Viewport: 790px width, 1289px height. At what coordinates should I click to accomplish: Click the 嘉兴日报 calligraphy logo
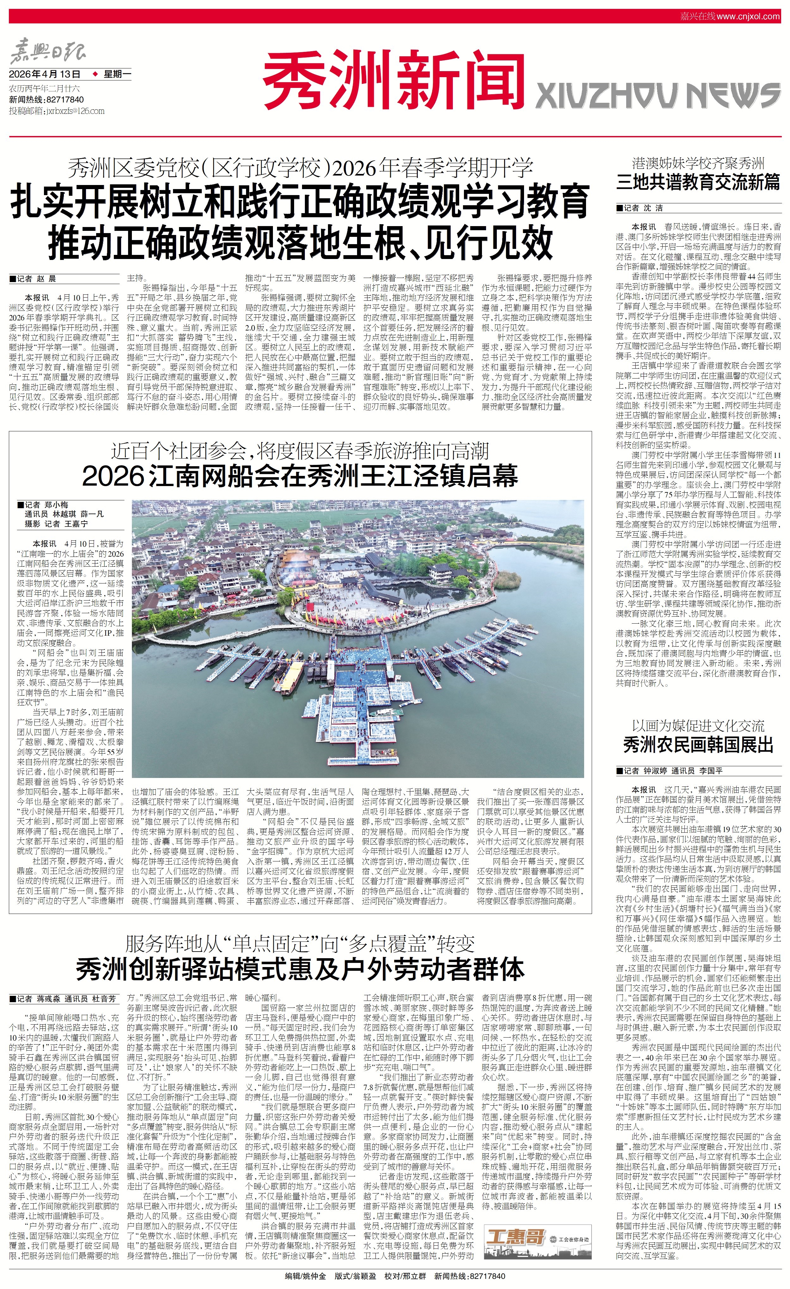click(48, 52)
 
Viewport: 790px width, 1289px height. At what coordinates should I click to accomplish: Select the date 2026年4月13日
click(45, 74)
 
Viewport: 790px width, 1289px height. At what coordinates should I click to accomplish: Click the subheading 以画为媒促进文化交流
click(698, 725)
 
